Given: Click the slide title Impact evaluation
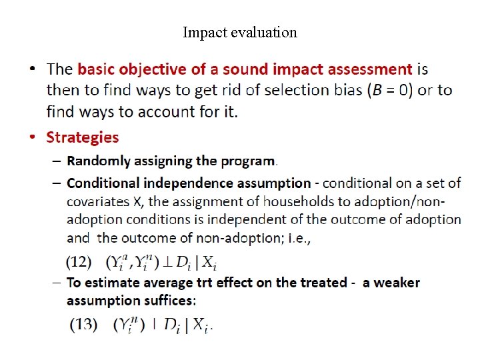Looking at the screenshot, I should [x=240, y=32].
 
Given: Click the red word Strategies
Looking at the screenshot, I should [x=82, y=137].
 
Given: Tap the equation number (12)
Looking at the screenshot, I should [x=80, y=261].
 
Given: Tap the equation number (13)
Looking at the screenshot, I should [x=84, y=325].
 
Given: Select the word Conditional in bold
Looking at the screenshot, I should [x=101, y=183].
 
